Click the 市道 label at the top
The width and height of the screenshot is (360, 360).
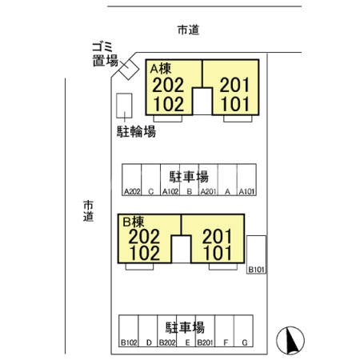[x=188, y=30]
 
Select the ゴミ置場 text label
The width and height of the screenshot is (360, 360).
[x=105, y=54]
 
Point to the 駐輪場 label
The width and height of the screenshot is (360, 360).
[x=133, y=131]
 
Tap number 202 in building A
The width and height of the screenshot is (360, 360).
[x=168, y=85]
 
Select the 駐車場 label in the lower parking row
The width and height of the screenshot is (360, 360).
[x=186, y=327]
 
